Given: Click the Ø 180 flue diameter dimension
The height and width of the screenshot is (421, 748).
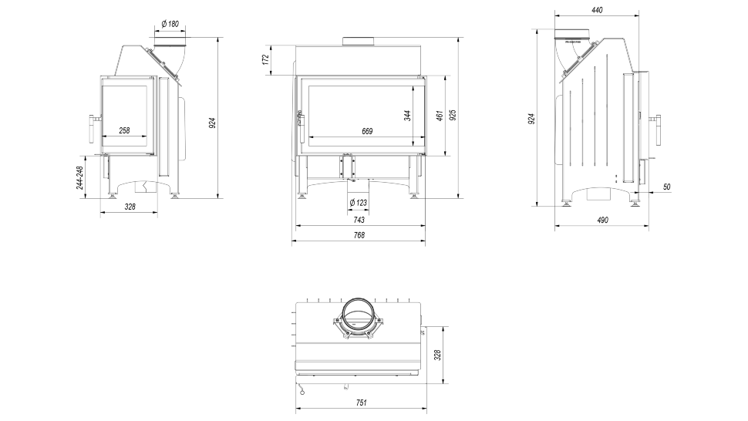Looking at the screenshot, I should tap(170, 24).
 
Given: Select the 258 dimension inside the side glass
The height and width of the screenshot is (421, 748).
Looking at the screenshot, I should tap(124, 131).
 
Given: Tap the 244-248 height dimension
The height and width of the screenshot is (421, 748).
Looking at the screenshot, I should tap(81, 179).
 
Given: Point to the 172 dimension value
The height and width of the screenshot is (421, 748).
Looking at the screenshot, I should tap(265, 59).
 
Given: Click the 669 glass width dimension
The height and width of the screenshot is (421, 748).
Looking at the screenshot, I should tap(366, 132).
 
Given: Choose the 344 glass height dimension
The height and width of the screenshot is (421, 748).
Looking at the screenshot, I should tap(407, 115).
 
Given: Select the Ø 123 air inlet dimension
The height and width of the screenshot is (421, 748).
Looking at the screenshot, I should tap(358, 203).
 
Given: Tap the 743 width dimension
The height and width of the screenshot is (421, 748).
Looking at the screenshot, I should tap(359, 220).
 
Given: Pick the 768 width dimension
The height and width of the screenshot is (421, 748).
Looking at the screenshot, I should tap(359, 235).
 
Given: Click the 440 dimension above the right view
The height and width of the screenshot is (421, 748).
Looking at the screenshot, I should tap(597, 10).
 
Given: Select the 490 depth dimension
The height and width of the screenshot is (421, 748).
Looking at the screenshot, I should tap(602, 220).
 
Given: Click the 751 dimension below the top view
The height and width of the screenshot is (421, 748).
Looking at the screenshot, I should tap(361, 403).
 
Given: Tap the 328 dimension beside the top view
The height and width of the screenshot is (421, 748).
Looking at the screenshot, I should tap(437, 355).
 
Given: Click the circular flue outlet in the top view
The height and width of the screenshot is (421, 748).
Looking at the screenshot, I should tap(357, 314).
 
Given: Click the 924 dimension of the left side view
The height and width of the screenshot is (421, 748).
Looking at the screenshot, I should tap(212, 121).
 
